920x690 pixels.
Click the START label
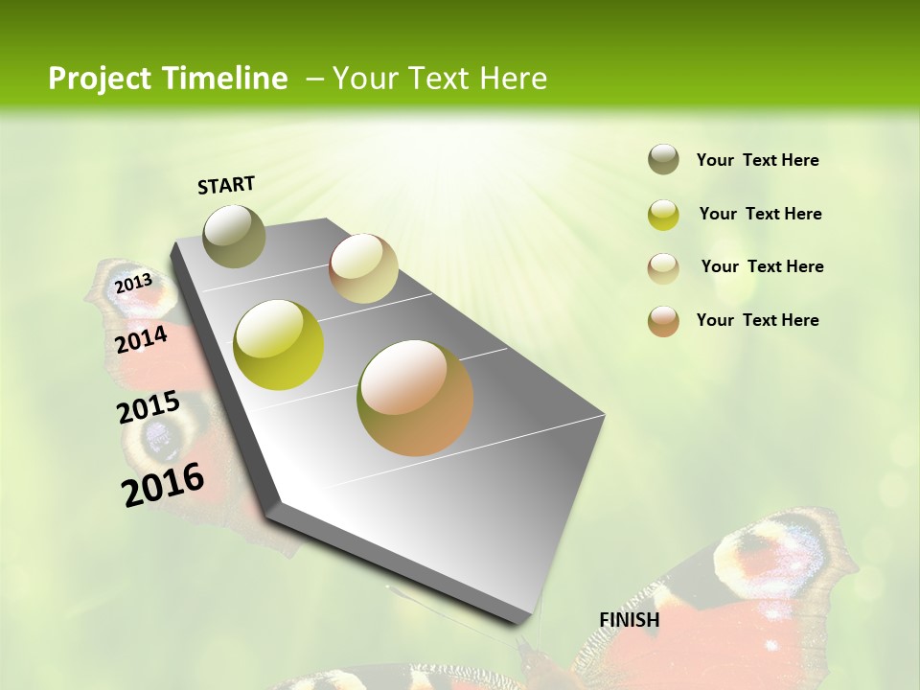tap(226, 185)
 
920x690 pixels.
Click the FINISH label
tap(629, 620)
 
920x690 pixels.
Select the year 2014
tap(141, 339)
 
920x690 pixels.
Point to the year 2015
tap(148, 407)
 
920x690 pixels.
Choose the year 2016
tap(163, 485)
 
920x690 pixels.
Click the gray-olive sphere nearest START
tap(234, 236)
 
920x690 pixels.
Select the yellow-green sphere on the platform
tap(279, 345)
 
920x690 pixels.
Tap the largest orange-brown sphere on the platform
tap(415, 398)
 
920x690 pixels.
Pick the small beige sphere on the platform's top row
tap(363, 268)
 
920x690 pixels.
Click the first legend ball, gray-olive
tap(663, 159)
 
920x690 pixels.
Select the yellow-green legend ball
tap(663, 215)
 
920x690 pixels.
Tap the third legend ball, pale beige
tap(663, 268)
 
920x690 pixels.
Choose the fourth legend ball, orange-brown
tap(663, 321)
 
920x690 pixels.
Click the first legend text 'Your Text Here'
tap(757, 160)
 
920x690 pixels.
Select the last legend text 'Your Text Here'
tap(757, 320)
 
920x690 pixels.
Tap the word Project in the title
tap(99, 79)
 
